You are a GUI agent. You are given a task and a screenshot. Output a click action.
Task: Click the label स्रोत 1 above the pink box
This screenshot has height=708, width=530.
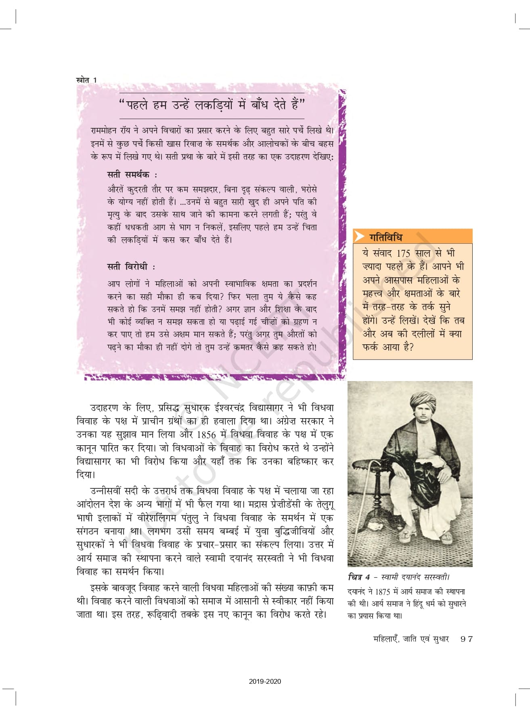[86, 80]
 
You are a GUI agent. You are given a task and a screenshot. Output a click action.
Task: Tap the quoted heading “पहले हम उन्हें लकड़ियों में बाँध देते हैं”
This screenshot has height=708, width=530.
[212, 105]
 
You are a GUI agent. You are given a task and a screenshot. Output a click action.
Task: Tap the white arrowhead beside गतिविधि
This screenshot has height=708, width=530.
[359, 236]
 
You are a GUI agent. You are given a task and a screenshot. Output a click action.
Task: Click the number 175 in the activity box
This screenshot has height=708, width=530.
[403, 253]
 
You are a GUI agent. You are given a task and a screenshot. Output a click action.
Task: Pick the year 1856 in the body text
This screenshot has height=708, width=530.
[206, 435]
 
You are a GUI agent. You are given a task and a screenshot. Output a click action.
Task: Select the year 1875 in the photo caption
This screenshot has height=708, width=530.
[382, 592]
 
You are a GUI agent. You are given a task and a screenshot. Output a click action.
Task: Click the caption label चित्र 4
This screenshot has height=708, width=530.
[359, 577]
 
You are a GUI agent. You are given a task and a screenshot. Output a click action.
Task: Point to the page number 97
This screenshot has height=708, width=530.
[467, 639]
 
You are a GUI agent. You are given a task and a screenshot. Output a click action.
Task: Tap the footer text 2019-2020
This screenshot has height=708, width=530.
[265, 681]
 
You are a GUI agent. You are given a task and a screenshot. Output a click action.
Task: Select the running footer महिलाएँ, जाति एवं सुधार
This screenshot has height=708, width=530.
[411, 639]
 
